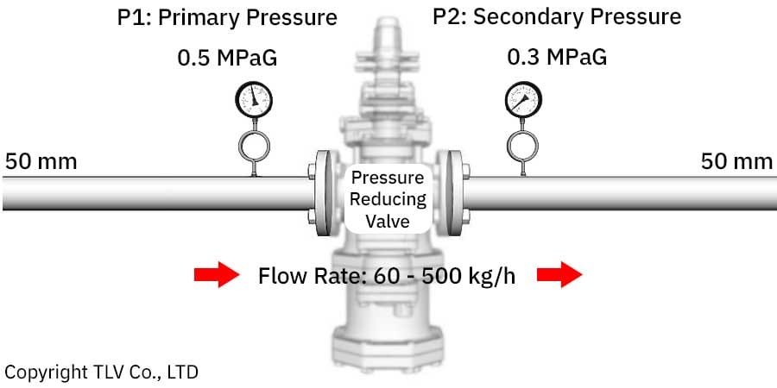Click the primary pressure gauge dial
coord(254,99)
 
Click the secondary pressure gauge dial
coord(523,99)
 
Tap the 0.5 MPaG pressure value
coord(227,59)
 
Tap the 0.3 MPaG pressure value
coord(557,58)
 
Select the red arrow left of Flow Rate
coord(217,275)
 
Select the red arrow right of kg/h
coord(559,275)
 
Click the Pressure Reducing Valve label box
coord(388,198)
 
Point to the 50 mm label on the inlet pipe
coord(41,162)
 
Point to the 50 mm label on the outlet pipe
coord(736,162)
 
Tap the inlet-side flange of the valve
coord(323,193)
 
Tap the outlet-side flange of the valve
coord(454,193)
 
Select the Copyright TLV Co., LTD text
coord(101,372)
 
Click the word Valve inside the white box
coord(388,221)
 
